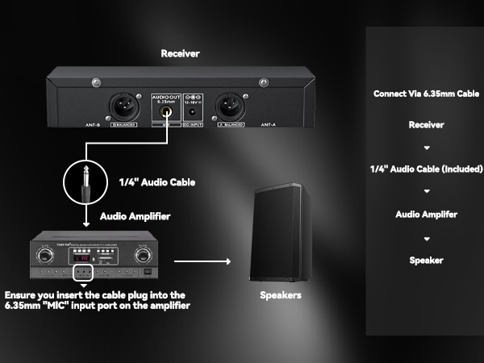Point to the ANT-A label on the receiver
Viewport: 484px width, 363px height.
click(x=269, y=126)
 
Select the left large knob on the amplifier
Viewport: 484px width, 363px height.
click(x=49, y=254)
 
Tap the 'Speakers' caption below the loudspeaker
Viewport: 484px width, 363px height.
click(x=280, y=296)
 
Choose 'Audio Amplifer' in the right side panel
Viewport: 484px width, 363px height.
click(x=426, y=215)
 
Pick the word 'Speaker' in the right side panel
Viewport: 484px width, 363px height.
click(x=426, y=261)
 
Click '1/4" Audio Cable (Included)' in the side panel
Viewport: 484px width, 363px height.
click(x=426, y=169)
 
